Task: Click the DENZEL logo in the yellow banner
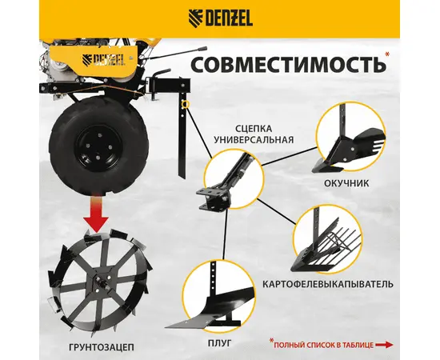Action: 220,18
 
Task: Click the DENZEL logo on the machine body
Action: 103,59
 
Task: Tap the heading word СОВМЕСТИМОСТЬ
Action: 288,65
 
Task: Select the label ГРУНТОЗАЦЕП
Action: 102,347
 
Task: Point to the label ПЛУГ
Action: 220,343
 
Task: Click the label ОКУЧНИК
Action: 346,183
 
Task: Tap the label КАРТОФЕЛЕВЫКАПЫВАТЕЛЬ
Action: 328,284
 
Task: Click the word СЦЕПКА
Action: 254,129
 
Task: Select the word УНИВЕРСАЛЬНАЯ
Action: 254,139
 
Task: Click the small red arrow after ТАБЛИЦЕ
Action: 385,345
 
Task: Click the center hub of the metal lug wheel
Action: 102,282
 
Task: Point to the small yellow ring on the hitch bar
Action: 185,105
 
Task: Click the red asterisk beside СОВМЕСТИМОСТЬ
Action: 387,54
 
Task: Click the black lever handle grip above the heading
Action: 202,49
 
